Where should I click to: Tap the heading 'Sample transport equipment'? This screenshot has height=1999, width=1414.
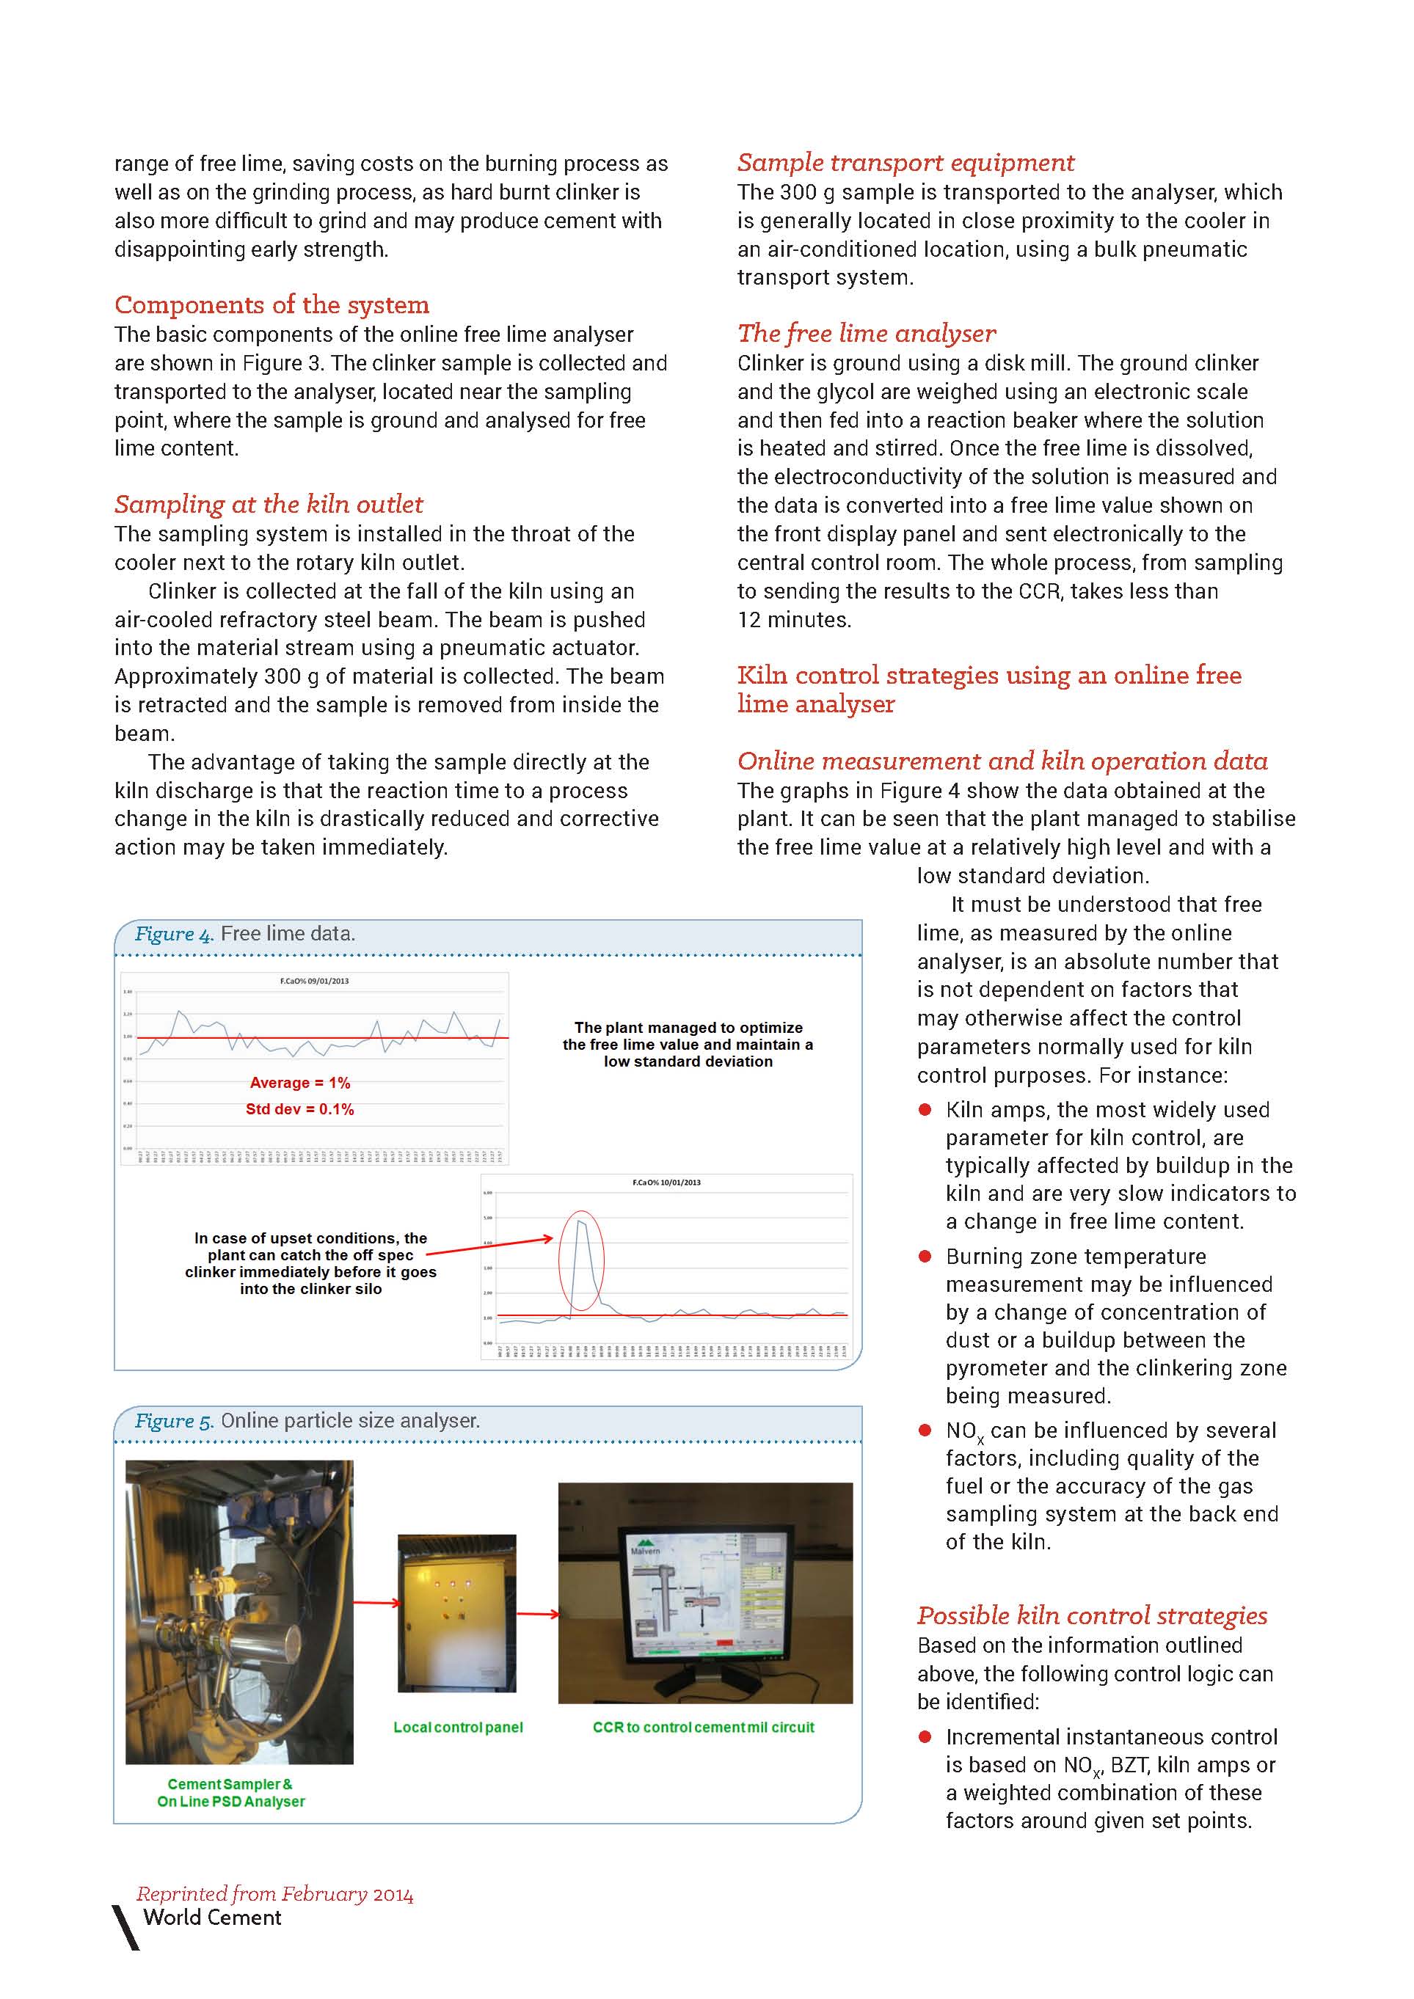point(905,163)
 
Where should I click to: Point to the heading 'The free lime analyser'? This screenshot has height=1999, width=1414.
point(867,334)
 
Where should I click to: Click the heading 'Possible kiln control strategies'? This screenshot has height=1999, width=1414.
point(1092,1616)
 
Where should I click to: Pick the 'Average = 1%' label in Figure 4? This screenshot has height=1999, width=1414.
point(299,1083)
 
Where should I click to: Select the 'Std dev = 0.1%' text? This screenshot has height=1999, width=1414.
point(299,1109)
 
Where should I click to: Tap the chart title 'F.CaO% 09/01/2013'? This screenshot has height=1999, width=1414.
point(314,982)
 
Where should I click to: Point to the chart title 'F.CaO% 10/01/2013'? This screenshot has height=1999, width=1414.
point(666,1183)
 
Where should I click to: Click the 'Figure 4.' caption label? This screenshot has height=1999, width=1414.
point(173,934)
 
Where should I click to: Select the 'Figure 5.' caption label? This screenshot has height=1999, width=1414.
point(173,1421)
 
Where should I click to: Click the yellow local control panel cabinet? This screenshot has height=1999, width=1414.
point(456,1612)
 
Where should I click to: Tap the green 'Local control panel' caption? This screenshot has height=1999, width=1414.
point(458,1728)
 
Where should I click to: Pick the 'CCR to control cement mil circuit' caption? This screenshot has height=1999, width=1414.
point(704,1728)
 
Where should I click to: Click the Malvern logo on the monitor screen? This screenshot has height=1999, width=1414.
point(644,1547)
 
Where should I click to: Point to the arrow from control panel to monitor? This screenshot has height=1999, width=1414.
point(537,1614)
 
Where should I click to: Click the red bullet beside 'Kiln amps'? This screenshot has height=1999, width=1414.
point(925,1110)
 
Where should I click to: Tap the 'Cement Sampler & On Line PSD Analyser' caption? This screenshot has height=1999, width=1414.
point(230,1793)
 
